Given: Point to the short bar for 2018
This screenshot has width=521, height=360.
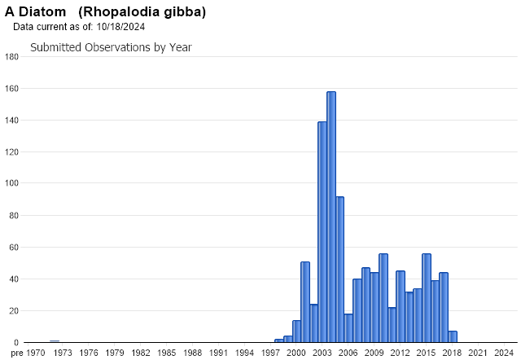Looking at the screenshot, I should pos(453,336).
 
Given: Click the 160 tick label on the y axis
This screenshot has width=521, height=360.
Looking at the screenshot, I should pos(11,89).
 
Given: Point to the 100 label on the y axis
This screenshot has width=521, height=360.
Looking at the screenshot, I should pos(11,184).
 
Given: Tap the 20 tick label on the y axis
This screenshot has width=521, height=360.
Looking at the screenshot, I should pos(14,311).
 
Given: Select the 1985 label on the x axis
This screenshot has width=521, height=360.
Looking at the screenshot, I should pos(167,353).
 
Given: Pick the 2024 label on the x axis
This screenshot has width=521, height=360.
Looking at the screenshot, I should pos(504,353).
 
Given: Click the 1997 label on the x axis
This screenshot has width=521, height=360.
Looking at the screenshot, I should pos(270,353).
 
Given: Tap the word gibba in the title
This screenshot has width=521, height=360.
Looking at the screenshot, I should pos(179,12).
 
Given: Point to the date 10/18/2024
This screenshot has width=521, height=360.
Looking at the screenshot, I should pos(120,27).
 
